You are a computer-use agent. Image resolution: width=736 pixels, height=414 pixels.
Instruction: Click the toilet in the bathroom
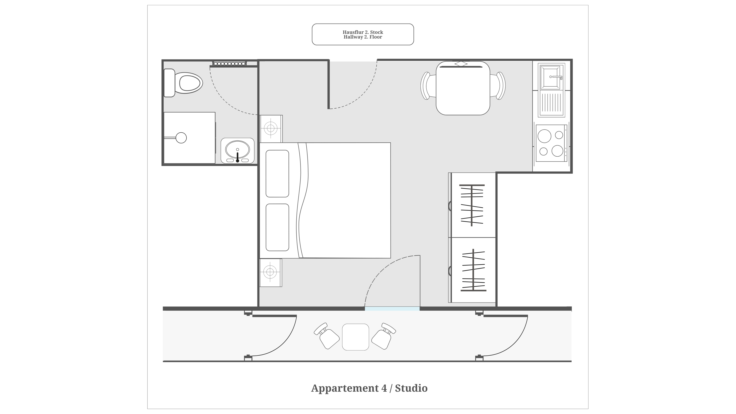coord(183,83)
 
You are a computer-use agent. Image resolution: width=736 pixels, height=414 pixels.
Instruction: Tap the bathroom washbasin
coord(237,151)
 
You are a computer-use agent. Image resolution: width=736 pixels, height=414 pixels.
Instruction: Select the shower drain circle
coord(181,138)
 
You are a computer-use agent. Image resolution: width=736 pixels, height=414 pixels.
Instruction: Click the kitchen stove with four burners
coord(551,143)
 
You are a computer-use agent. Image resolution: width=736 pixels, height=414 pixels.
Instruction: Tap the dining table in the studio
coord(463,88)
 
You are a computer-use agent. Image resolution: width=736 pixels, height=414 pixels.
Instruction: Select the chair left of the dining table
coord(428,86)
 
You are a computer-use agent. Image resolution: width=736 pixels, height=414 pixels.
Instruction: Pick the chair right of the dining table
coord(498,86)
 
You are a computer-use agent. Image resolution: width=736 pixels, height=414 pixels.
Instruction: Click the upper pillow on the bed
coord(277,173)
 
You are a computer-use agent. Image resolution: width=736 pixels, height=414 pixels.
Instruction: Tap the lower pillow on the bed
coord(277,227)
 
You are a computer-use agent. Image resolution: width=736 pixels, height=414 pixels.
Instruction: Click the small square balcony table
coord(355,337)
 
